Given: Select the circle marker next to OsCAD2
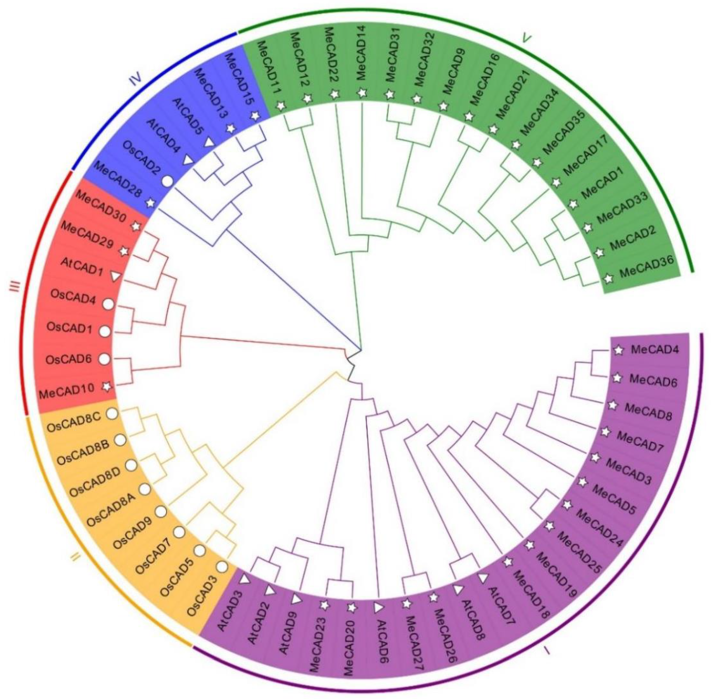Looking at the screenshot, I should coord(167,181).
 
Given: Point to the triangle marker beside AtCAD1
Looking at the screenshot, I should coord(116,276).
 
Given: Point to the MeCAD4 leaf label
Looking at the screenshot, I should coord(655,349).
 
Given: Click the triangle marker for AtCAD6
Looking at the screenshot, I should coord(378,608).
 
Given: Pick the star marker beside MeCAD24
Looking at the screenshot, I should coord(567,505).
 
